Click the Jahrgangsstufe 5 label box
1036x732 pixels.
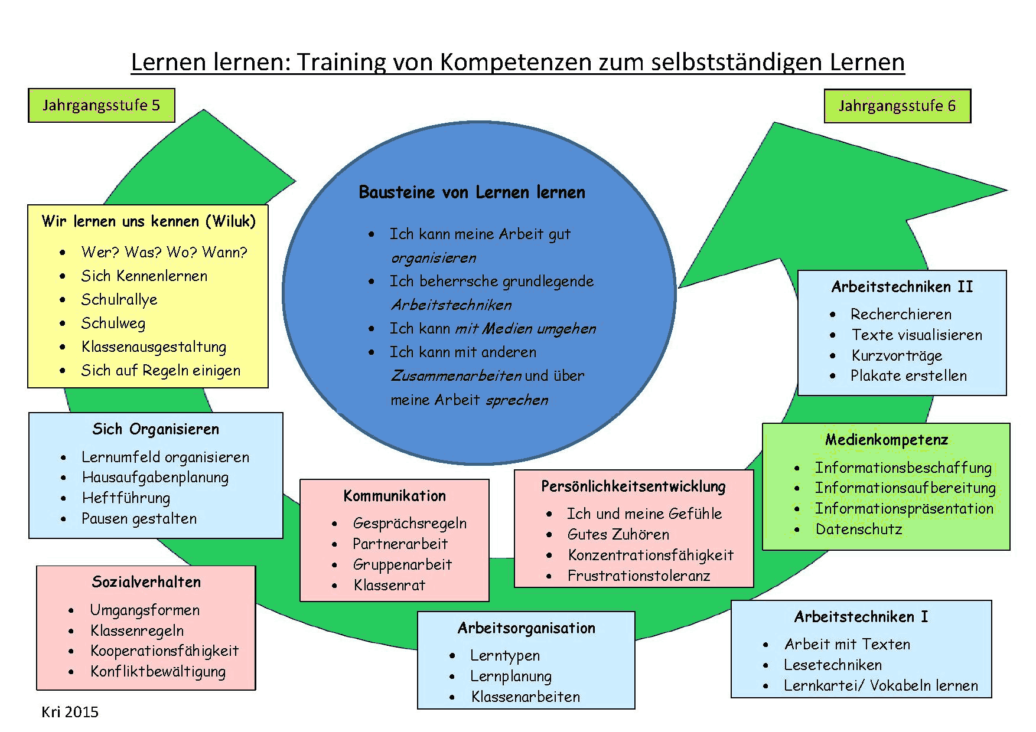102,106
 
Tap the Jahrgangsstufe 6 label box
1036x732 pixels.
897,106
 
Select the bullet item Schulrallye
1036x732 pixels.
119,299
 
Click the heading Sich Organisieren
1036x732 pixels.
155,429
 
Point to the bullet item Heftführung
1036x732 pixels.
126,498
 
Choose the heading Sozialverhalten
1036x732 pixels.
146,582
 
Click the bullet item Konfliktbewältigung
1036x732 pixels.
158,671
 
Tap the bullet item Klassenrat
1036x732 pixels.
389,585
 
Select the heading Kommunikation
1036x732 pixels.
395,496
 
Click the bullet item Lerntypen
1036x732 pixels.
505,655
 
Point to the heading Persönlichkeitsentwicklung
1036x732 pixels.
633,486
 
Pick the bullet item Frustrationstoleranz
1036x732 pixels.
638,576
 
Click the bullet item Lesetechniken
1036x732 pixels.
833,665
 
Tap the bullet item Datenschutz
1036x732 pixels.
859,529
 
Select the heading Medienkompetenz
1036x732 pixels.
887,440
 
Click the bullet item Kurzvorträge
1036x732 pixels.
897,355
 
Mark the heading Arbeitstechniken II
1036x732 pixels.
902,287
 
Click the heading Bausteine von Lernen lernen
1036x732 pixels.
472,192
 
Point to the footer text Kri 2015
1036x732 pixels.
70,712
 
